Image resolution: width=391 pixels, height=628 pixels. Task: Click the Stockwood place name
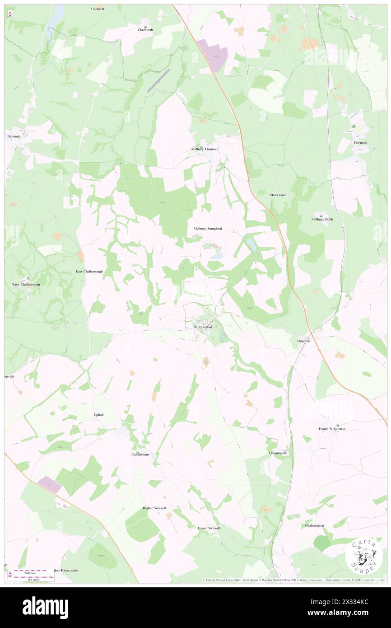278,195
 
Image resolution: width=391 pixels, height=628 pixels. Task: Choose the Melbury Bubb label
322,219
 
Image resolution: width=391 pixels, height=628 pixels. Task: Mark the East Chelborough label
89,272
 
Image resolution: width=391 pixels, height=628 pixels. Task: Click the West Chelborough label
26,285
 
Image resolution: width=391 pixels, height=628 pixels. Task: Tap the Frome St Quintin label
332,428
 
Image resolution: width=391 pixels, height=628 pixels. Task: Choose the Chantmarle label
278,453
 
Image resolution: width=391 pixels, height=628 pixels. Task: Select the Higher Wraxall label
154,508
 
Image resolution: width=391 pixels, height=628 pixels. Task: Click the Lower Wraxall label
209,528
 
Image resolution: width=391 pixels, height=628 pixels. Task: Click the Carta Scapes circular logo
364,556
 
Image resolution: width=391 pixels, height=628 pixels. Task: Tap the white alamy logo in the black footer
45,608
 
